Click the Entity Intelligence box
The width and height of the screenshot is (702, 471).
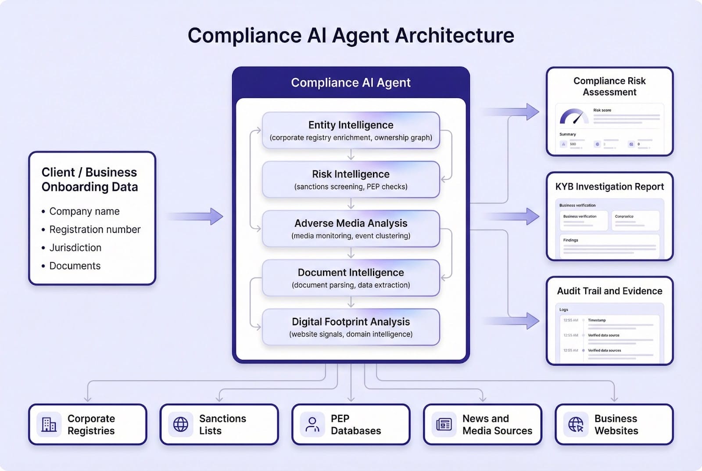tap(351, 130)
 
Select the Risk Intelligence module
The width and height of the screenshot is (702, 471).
tap(351, 180)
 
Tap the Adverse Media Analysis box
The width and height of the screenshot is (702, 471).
tap(351, 229)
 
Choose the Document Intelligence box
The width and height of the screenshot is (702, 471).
tap(351, 278)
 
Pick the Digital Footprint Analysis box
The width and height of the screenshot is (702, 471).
tap(351, 327)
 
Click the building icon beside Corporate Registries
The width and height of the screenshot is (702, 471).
tap(49, 424)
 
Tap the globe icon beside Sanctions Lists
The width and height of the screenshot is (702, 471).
tap(180, 424)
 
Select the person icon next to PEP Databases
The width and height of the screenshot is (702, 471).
tap(312, 424)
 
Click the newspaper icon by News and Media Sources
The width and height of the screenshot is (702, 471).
tap(444, 424)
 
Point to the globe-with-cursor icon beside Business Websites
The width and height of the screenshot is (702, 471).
tap(576, 424)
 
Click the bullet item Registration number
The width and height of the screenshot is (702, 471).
tap(95, 230)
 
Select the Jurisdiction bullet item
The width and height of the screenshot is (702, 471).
tap(75, 248)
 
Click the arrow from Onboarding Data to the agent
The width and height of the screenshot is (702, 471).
tap(195, 216)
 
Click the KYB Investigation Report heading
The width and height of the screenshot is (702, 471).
tap(609, 187)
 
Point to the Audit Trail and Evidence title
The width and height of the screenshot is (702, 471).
tap(609, 291)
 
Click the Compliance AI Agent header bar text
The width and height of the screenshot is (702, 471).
tap(351, 83)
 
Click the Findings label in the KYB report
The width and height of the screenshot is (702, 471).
tap(570, 240)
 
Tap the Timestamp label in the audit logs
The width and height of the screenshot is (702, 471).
tap(597, 320)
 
